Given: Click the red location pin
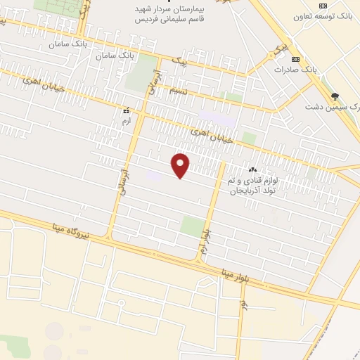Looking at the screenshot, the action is click(x=181, y=165).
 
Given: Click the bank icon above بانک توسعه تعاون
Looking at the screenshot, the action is click(x=322, y=5).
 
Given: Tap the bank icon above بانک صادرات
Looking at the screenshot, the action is click(x=295, y=59).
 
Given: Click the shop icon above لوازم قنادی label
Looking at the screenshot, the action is click(x=252, y=169).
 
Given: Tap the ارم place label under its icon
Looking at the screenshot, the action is click(x=127, y=122).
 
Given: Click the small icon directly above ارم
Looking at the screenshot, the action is click(x=127, y=111).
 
